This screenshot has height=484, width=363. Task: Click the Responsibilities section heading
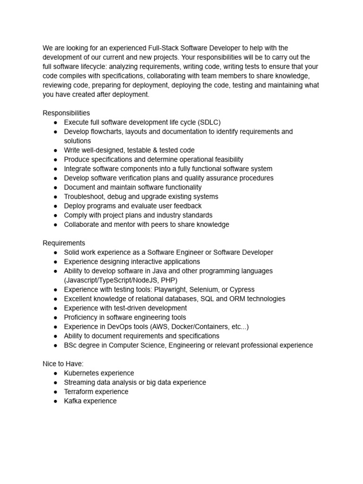click(x=66, y=113)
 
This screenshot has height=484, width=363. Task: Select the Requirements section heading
click(x=64, y=243)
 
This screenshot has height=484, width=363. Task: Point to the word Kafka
click(x=73, y=401)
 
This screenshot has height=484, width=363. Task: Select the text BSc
click(x=71, y=345)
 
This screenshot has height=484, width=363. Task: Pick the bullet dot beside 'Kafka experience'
click(x=55, y=401)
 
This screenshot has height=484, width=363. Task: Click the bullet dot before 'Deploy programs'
click(x=55, y=206)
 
